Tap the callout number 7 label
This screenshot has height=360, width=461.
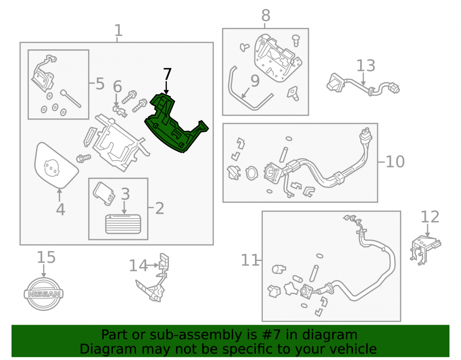[167, 74]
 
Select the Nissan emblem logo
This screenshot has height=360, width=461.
[43, 294]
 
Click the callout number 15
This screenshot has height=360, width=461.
[46, 257]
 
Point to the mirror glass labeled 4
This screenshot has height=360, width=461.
[56, 165]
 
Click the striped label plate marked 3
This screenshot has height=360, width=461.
[123, 224]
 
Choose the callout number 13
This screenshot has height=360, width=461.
[366, 65]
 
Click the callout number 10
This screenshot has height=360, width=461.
[395, 162]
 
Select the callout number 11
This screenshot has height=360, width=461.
[249, 260]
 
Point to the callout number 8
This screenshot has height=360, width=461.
[266, 15]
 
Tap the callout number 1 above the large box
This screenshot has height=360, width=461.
[118, 30]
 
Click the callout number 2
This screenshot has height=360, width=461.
[160, 208]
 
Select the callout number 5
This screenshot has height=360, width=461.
[100, 84]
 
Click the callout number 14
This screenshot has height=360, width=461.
[138, 266]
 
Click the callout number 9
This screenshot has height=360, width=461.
[255, 81]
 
